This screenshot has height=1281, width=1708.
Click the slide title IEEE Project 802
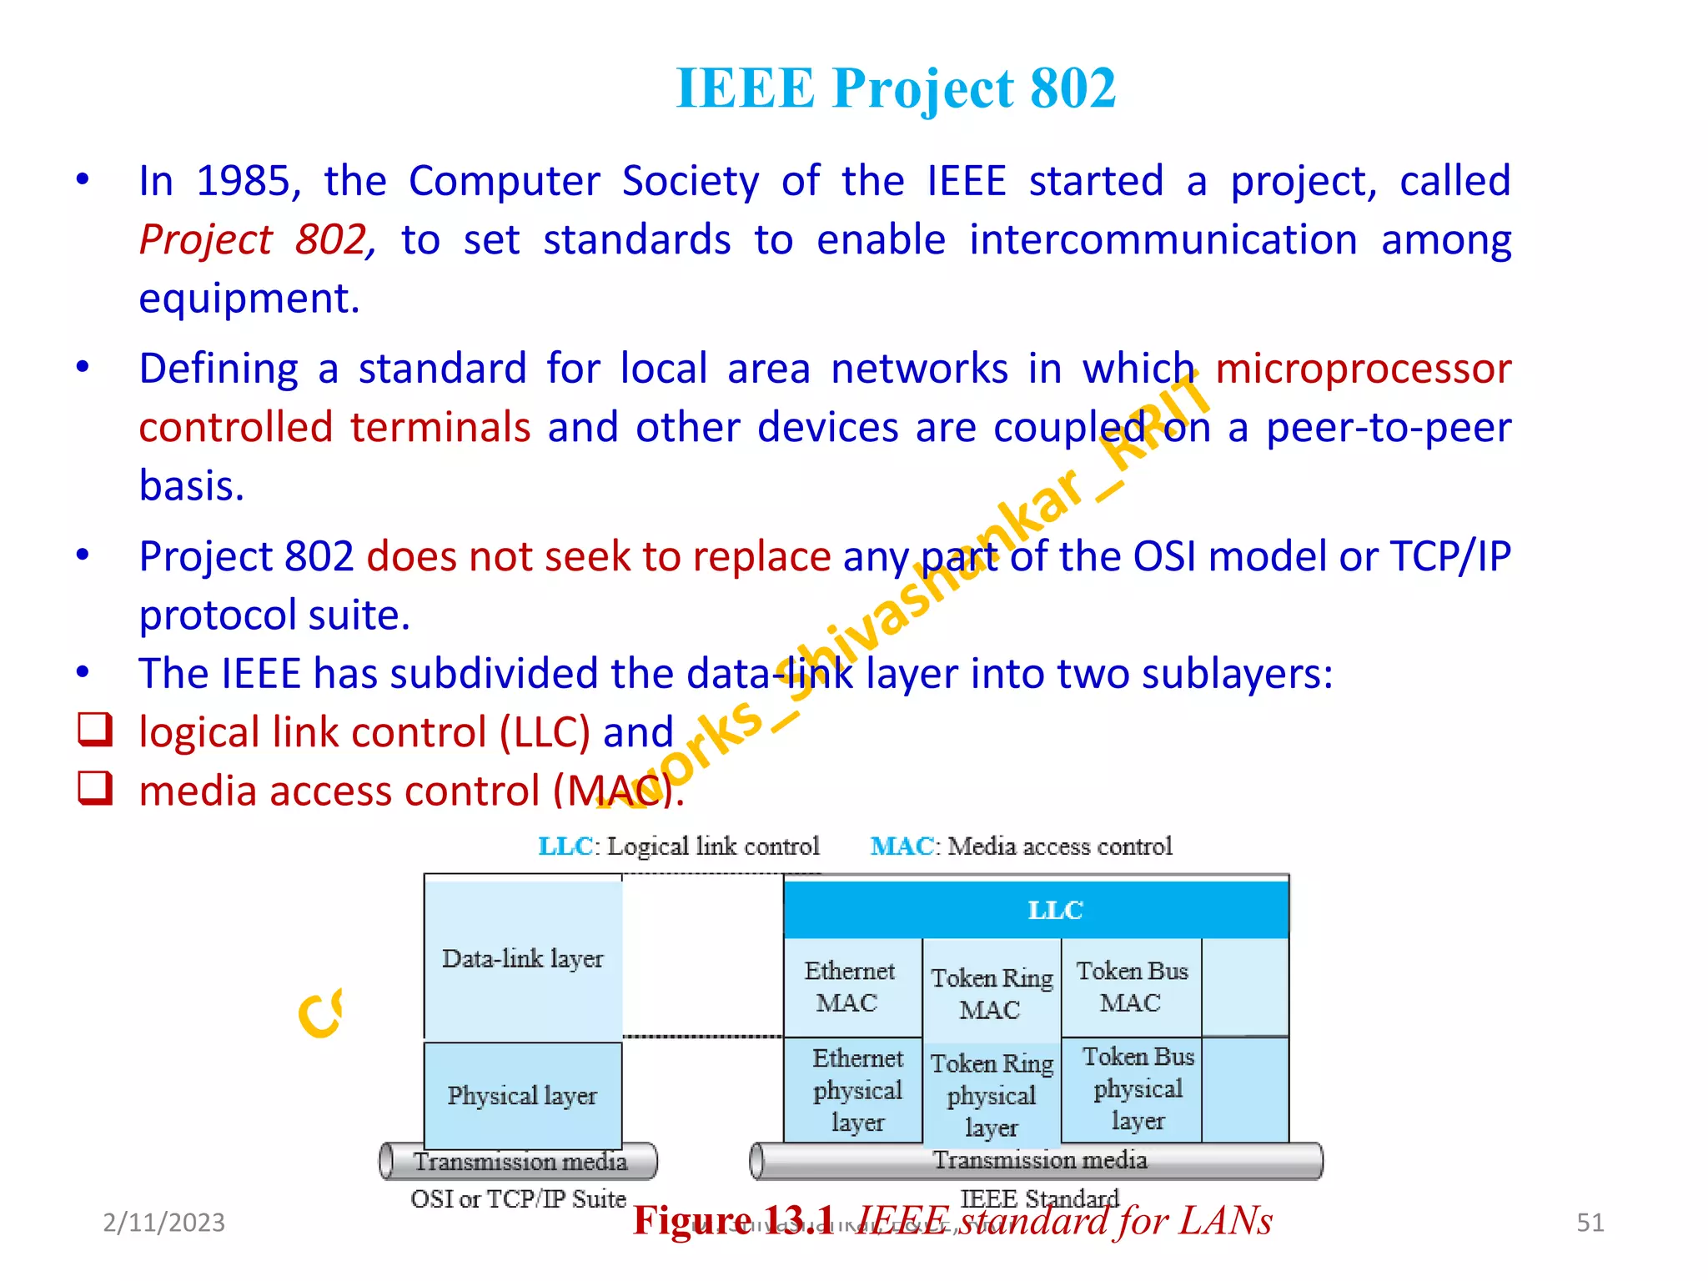895,88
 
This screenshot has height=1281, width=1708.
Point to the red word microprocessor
1363,369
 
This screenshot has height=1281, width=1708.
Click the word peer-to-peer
1388,428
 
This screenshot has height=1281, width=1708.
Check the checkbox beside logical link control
95,729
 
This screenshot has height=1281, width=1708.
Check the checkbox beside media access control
95,787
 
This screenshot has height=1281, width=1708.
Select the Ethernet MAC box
851,987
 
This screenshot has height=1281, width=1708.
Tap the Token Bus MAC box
1131,987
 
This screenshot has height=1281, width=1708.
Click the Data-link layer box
523,959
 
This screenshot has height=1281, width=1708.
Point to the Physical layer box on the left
523,1095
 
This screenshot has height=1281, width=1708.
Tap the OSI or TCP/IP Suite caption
518,1199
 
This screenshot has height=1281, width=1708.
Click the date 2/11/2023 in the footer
163,1223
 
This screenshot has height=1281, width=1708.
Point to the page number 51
1590,1223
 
